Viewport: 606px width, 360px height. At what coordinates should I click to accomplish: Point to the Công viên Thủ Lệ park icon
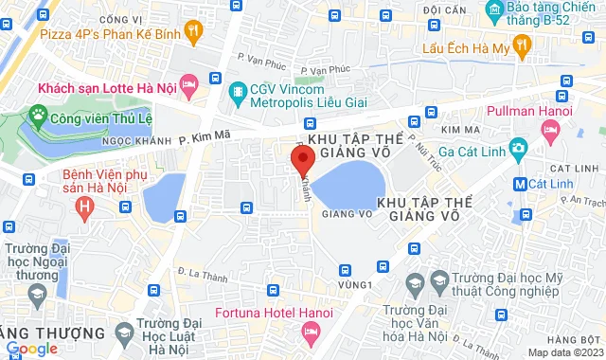click(39, 118)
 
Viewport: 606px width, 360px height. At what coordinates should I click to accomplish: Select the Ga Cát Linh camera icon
click(518, 148)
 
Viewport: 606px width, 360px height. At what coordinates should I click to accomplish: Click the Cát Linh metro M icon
click(519, 183)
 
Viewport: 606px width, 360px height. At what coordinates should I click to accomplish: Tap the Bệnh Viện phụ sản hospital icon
click(86, 205)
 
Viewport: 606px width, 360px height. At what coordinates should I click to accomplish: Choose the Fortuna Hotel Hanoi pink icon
click(310, 332)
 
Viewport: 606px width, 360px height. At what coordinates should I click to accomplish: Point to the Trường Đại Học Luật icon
click(123, 331)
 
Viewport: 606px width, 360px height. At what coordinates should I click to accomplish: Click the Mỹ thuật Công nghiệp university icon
click(414, 282)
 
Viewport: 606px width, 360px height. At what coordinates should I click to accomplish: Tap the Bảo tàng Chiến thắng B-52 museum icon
click(493, 11)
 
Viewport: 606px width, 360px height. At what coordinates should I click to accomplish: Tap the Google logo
click(30, 349)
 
